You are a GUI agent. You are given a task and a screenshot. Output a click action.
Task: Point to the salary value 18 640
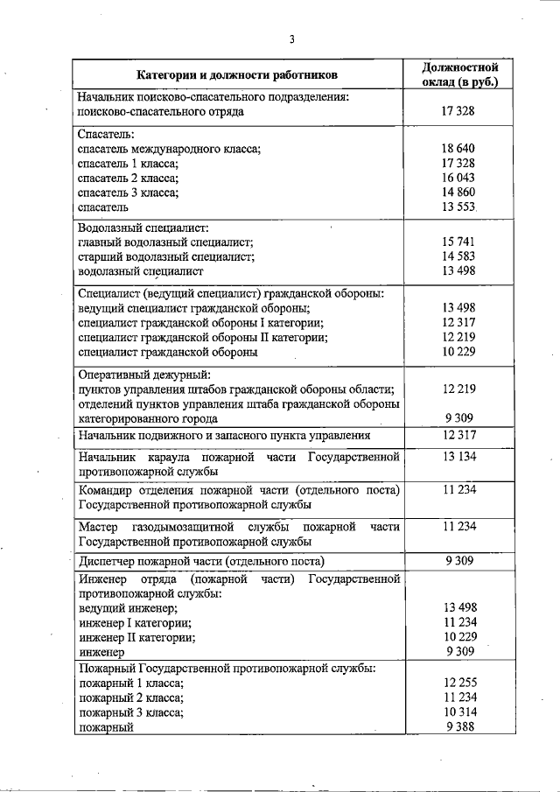tap(458, 149)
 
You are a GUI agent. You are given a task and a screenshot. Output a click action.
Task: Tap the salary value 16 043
tap(458, 178)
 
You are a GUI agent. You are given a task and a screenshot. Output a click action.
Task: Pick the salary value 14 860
tap(458, 193)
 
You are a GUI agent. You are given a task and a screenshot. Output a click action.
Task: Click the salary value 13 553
tap(458, 207)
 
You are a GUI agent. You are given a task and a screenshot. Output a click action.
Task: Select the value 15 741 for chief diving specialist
tap(458, 242)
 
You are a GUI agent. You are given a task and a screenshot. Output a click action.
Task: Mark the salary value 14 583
tap(458, 257)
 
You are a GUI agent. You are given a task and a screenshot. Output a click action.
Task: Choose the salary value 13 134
tap(458, 457)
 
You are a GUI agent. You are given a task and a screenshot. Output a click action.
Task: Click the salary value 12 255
tap(458, 683)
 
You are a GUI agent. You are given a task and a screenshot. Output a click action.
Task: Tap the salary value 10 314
tap(458, 712)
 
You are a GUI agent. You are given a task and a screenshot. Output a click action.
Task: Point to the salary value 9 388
tap(458, 726)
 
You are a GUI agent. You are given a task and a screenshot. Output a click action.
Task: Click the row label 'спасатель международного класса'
tap(169, 149)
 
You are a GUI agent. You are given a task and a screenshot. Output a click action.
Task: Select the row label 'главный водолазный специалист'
tap(165, 242)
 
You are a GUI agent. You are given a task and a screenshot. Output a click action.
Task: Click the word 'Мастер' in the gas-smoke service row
tap(97, 527)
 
